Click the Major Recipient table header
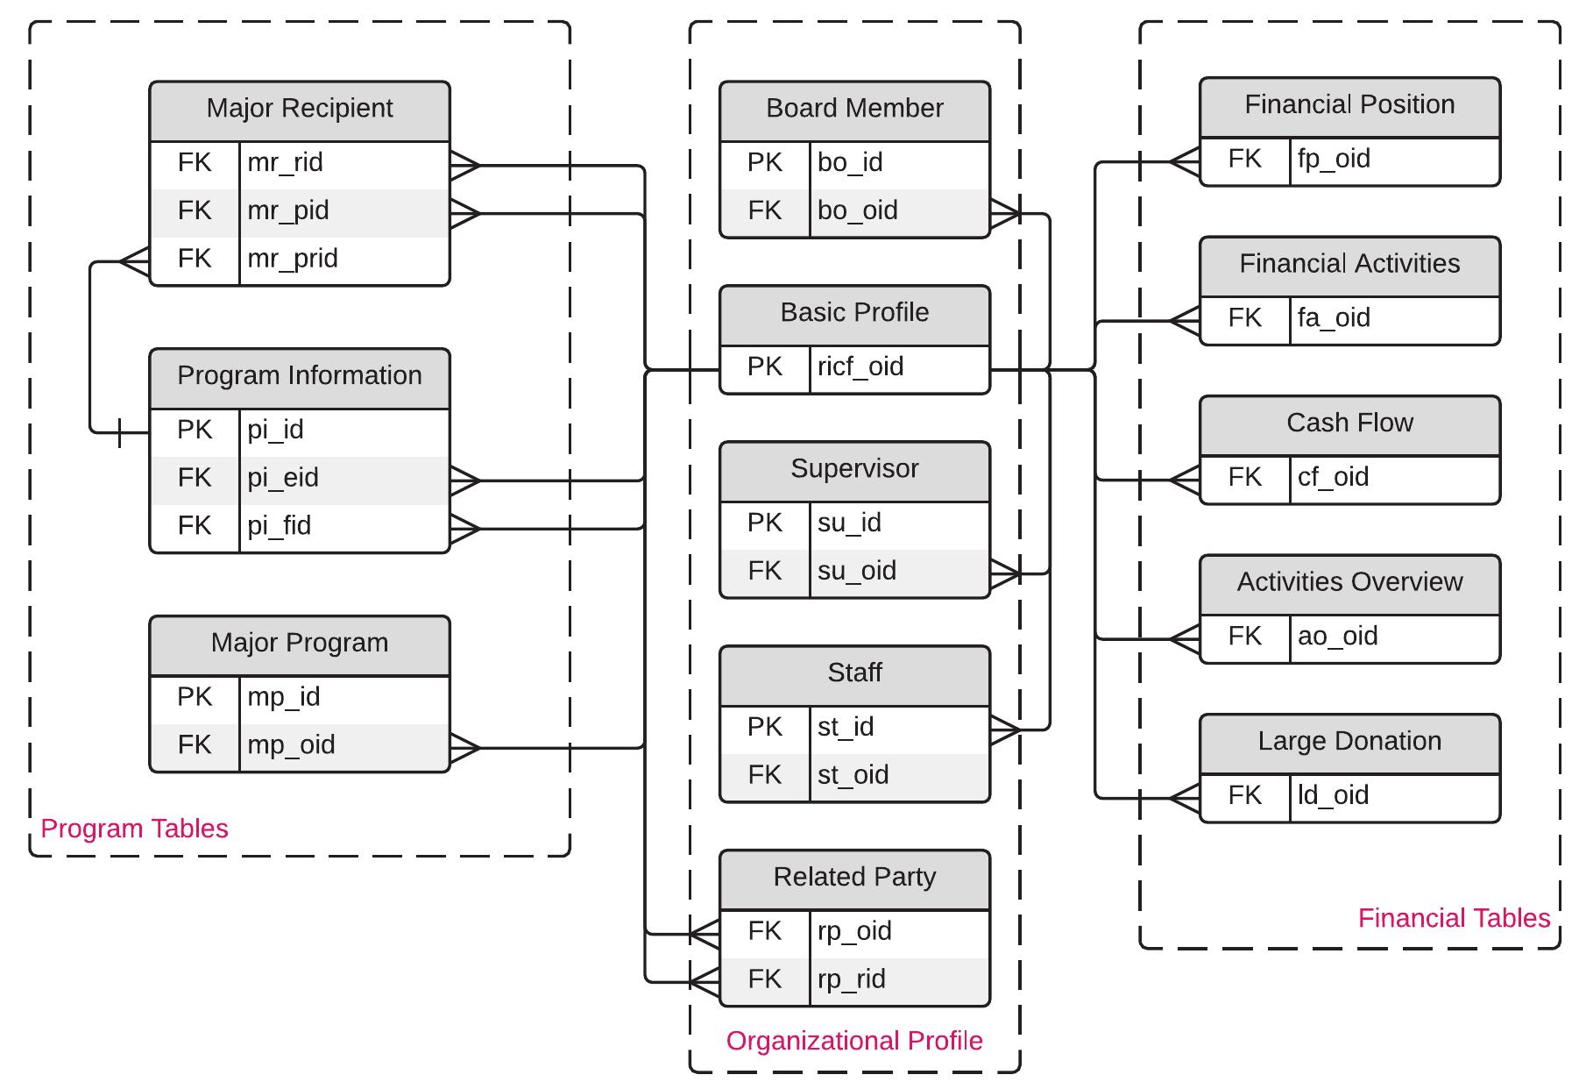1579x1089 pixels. coord(300,109)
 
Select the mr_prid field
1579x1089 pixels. coord(292,259)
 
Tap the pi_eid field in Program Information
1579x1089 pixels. coord(282,478)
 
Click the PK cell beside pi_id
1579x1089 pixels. coord(195,430)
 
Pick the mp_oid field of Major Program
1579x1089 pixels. coord(291,745)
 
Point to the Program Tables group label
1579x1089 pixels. coord(134,829)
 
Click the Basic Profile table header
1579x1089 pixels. coord(854,313)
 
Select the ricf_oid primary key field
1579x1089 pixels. coord(860,367)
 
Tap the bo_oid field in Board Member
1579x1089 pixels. coord(857,210)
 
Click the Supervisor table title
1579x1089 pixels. coord(854,469)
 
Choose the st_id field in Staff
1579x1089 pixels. coord(846,727)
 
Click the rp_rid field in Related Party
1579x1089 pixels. coord(851,979)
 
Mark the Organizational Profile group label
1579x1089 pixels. coord(854,1041)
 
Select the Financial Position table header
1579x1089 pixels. coord(1349,105)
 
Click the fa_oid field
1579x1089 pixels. coord(1334,318)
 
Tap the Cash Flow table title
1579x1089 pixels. coord(1349,423)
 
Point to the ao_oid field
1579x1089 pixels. coord(1337,637)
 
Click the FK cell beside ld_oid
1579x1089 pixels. coord(1244,795)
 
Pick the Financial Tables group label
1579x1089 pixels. coord(1454,918)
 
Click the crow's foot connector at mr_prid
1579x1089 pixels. coord(134,261)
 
